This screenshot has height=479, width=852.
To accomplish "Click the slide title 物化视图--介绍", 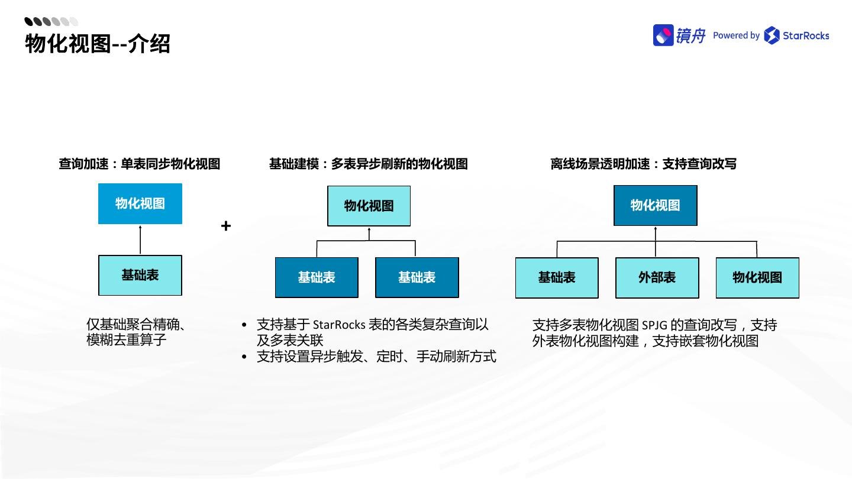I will click(98, 44).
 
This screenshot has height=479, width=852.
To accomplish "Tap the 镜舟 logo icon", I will click(663, 35).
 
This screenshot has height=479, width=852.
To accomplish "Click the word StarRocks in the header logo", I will click(805, 35).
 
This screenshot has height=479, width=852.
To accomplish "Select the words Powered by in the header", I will click(736, 35).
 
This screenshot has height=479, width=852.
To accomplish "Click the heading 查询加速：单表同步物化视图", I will click(140, 164).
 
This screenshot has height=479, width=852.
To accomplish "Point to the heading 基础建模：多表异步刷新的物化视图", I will click(368, 164).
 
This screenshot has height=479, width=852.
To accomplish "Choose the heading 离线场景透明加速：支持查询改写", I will click(643, 164).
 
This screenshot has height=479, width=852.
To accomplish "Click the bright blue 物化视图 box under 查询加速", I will click(140, 203).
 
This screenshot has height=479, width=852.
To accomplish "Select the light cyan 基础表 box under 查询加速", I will click(140, 275).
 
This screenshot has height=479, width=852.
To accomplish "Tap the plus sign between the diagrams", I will click(225, 226).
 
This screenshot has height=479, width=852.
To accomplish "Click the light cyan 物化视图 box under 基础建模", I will click(369, 206).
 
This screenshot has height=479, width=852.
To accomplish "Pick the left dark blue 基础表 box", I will click(317, 277).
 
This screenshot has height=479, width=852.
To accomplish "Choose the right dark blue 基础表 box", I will click(417, 277).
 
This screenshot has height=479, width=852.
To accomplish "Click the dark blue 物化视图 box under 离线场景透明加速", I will click(655, 205).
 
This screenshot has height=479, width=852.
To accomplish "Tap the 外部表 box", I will click(657, 277).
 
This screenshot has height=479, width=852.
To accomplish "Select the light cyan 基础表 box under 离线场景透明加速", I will click(557, 277).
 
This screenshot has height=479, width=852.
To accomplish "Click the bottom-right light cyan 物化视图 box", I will click(757, 277).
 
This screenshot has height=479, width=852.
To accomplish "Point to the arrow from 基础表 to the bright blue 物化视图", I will click(140, 239).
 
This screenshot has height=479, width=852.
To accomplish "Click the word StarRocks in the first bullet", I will click(339, 325).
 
